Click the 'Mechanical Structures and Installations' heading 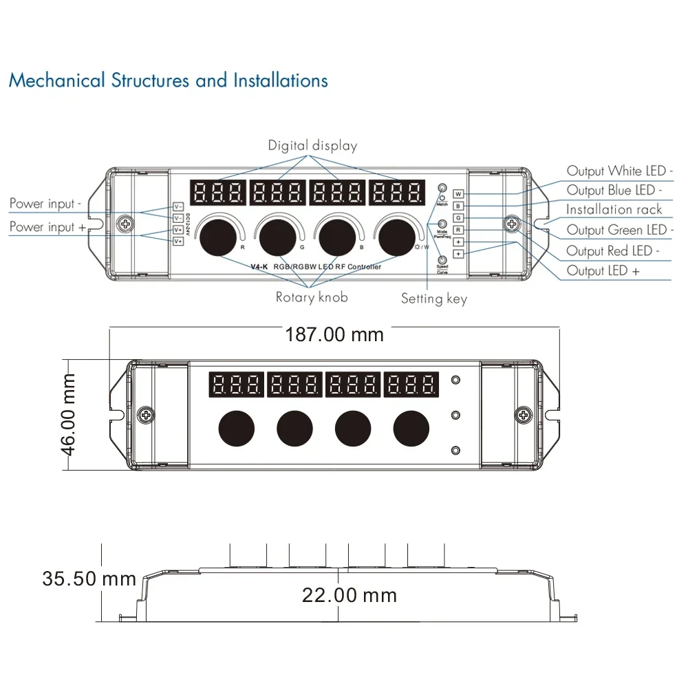(x=168, y=80)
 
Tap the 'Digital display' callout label (x=312, y=145)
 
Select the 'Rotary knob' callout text (x=312, y=297)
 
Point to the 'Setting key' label (x=434, y=299)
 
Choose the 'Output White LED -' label (x=620, y=171)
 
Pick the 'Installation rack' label (x=614, y=209)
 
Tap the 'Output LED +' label (x=603, y=271)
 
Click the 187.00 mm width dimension (x=334, y=335)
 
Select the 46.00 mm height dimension (x=69, y=413)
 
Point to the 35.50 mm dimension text (x=89, y=579)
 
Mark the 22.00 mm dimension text (x=350, y=595)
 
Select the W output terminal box (x=459, y=194)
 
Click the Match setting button (x=442, y=189)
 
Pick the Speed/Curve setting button (x=442, y=259)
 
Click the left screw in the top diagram (x=126, y=224)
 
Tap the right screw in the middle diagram (x=524, y=414)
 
